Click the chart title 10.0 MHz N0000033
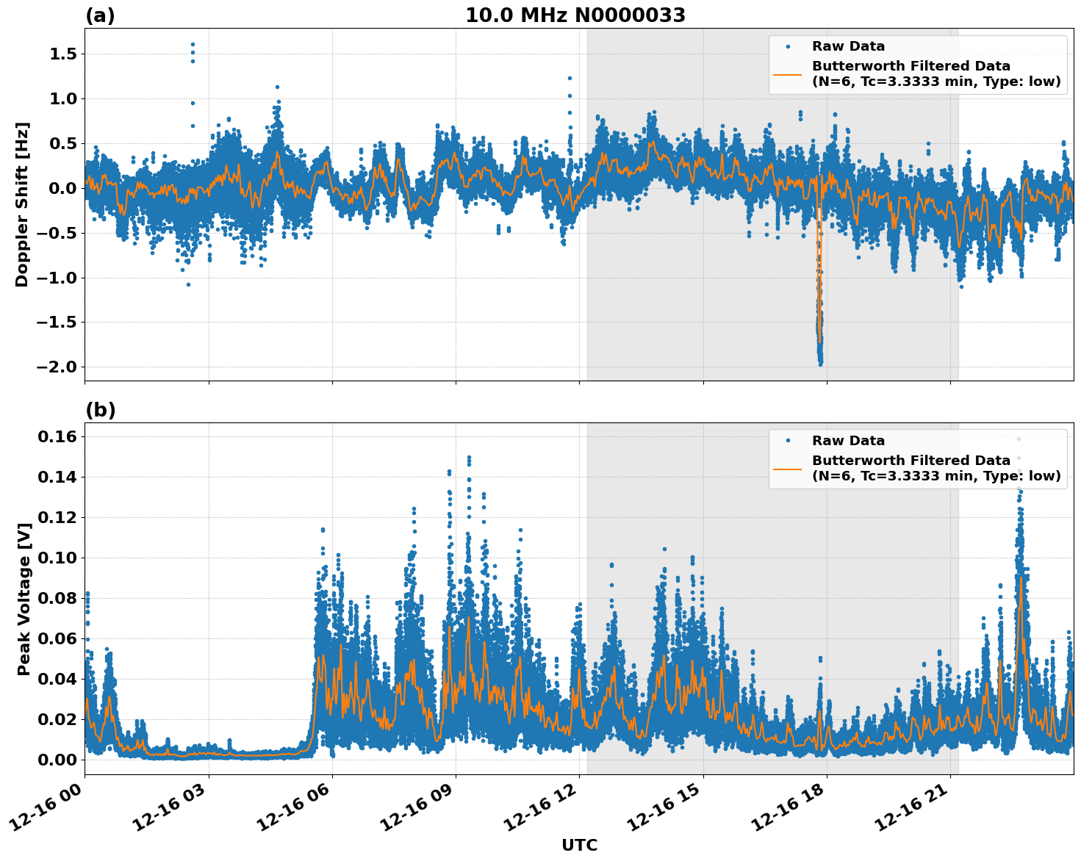coord(575,15)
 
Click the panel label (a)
coord(100,15)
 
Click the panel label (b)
coord(100,410)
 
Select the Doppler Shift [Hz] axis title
coord(22,204)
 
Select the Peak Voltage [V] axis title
coord(24,599)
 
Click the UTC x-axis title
coord(579,845)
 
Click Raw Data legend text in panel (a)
coord(848,47)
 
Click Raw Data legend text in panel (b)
coord(848,441)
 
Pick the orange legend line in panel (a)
coord(787,74)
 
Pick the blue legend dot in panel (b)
coord(787,441)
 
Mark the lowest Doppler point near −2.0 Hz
coord(820,364)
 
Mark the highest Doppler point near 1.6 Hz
coord(193,44)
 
